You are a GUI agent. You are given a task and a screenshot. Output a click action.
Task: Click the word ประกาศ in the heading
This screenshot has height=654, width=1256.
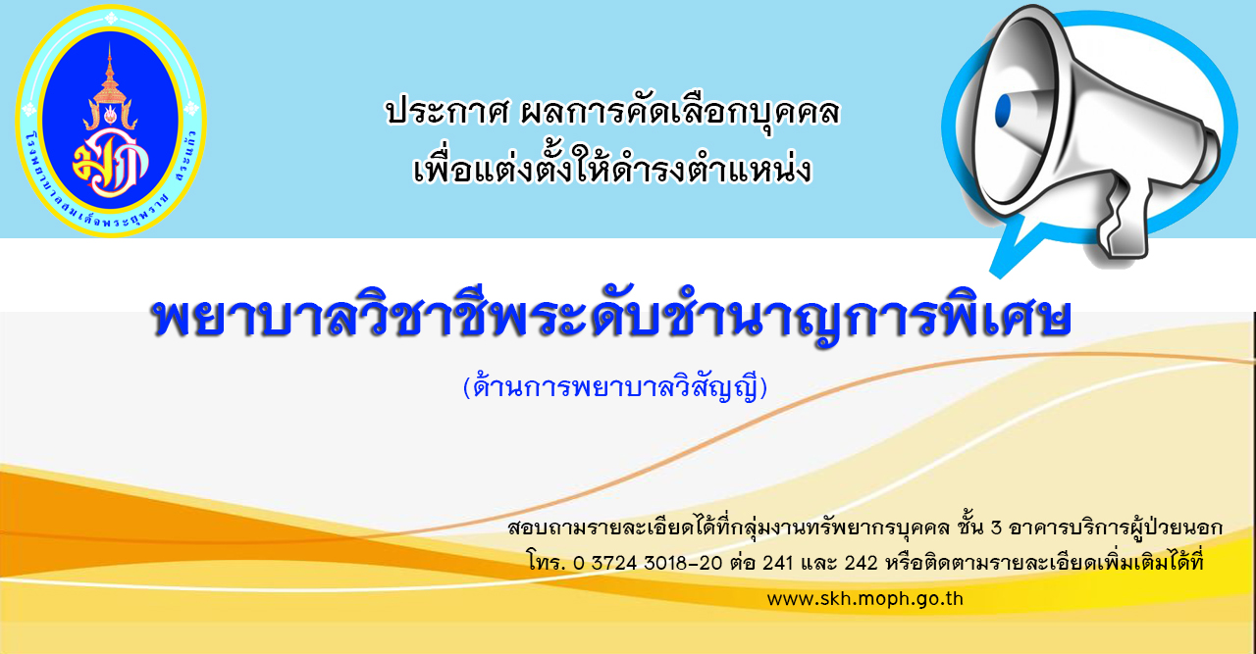[446, 111]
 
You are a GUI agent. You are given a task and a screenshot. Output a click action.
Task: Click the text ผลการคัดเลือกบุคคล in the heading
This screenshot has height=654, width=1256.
[681, 111]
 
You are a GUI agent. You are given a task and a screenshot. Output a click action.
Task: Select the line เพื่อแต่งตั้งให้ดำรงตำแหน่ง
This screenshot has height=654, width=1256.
[612, 168]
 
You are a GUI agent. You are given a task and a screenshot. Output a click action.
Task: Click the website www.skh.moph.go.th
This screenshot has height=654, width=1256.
[865, 599]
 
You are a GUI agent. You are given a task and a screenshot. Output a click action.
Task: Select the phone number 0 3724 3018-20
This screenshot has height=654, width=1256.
[649, 563]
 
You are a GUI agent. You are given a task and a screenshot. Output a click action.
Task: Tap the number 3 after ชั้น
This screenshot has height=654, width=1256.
[996, 528]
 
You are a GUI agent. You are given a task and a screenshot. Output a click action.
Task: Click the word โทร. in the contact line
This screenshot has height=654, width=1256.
[547, 563]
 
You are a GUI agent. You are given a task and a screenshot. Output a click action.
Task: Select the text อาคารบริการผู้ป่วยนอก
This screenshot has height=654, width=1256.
[1116, 527]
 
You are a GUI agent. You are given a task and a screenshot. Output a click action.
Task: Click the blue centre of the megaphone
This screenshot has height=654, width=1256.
[1003, 112]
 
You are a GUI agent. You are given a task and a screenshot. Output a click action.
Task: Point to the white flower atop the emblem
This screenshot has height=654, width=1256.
[111, 18]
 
